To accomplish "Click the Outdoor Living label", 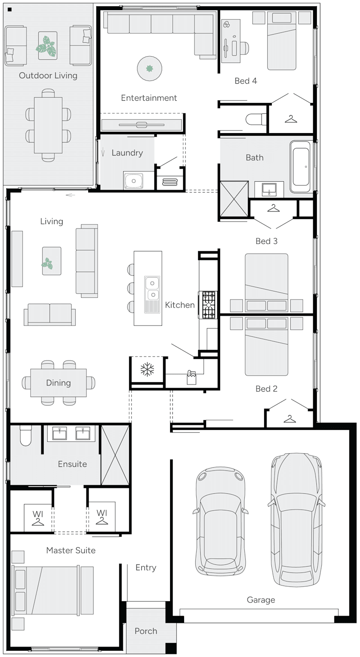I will pyautogui.click(x=48, y=75).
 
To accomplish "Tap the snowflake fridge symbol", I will pyautogui.click(x=147, y=370).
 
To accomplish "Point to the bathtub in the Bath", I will pyautogui.click(x=301, y=165).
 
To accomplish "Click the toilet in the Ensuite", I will pyautogui.click(x=26, y=436).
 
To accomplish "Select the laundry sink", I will pyautogui.click(x=134, y=181).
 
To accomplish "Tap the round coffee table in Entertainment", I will pyautogui.click(x=149, y=68).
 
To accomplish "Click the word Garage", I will pyautogui.click(x=261, y=600).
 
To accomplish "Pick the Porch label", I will pyautogui.click(x=146, y=631).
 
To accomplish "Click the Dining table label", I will pyautogui.click(x=58, y=383).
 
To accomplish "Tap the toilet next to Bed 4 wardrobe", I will pyautogui.click(x=255, y=119).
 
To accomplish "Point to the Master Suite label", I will pyautogui.click(x=71, y=550).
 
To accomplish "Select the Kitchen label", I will pyautogui.click(x=180, y=305).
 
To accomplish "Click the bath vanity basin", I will pyautogui.click(x=269, y=189).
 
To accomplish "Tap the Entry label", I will pyautogui.click(x=146, y=568).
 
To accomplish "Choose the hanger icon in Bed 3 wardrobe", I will pyautogui.click(x=273, y=208).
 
